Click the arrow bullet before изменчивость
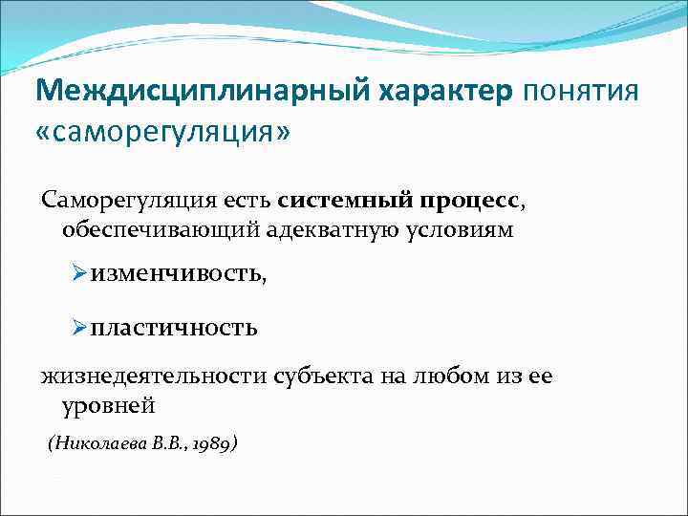click(80, 274)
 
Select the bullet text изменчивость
click(180, 275)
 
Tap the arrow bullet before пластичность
click(80, 328)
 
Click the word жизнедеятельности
click(154, 376)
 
